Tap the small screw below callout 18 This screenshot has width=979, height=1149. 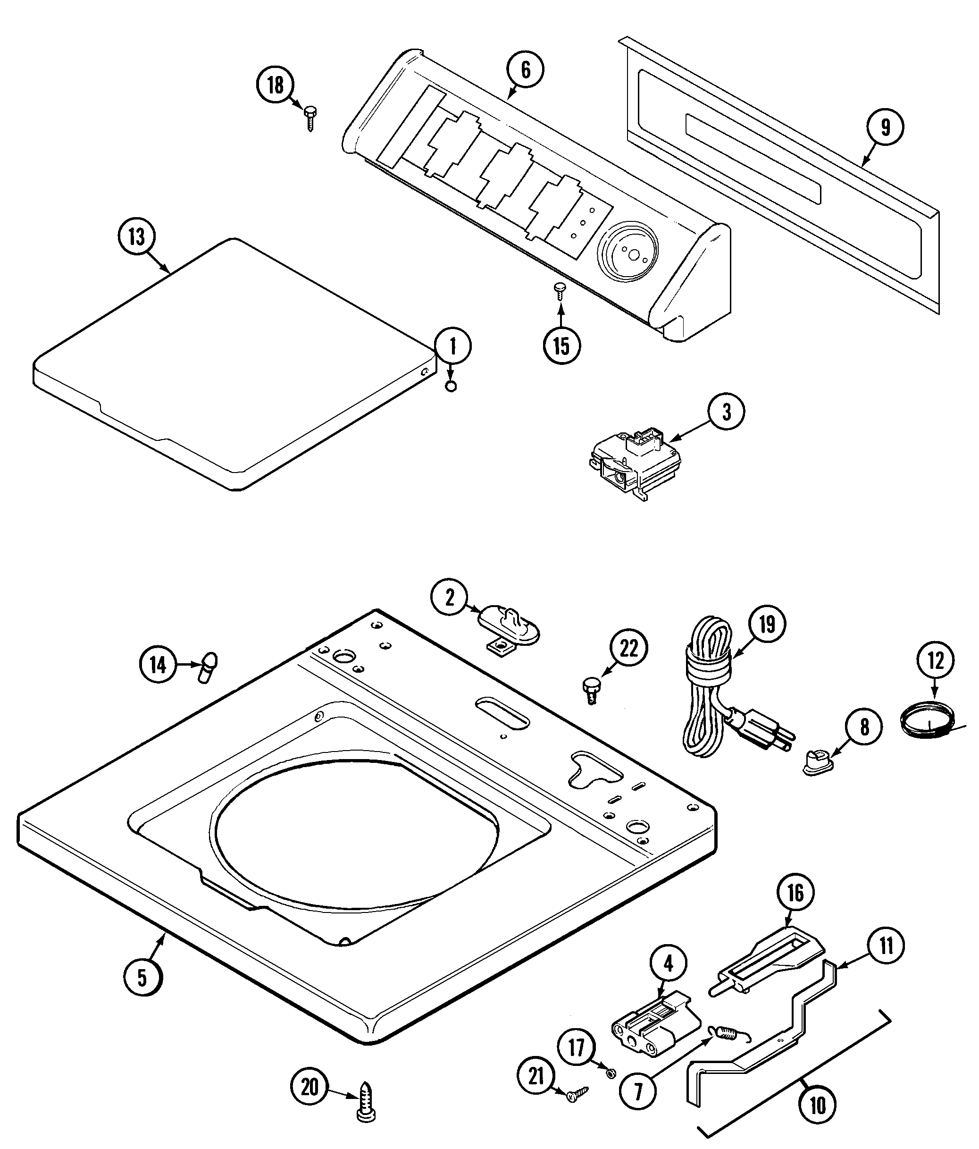pos(310,118)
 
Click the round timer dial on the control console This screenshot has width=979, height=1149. pos(628,252)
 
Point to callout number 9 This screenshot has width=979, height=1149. pos(885,127)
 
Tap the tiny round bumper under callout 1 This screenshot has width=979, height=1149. pos(451,387)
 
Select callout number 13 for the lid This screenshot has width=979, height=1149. pos(136,237)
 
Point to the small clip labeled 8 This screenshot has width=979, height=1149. pos(818,763)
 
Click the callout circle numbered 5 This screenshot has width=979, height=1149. pos(142,978)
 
